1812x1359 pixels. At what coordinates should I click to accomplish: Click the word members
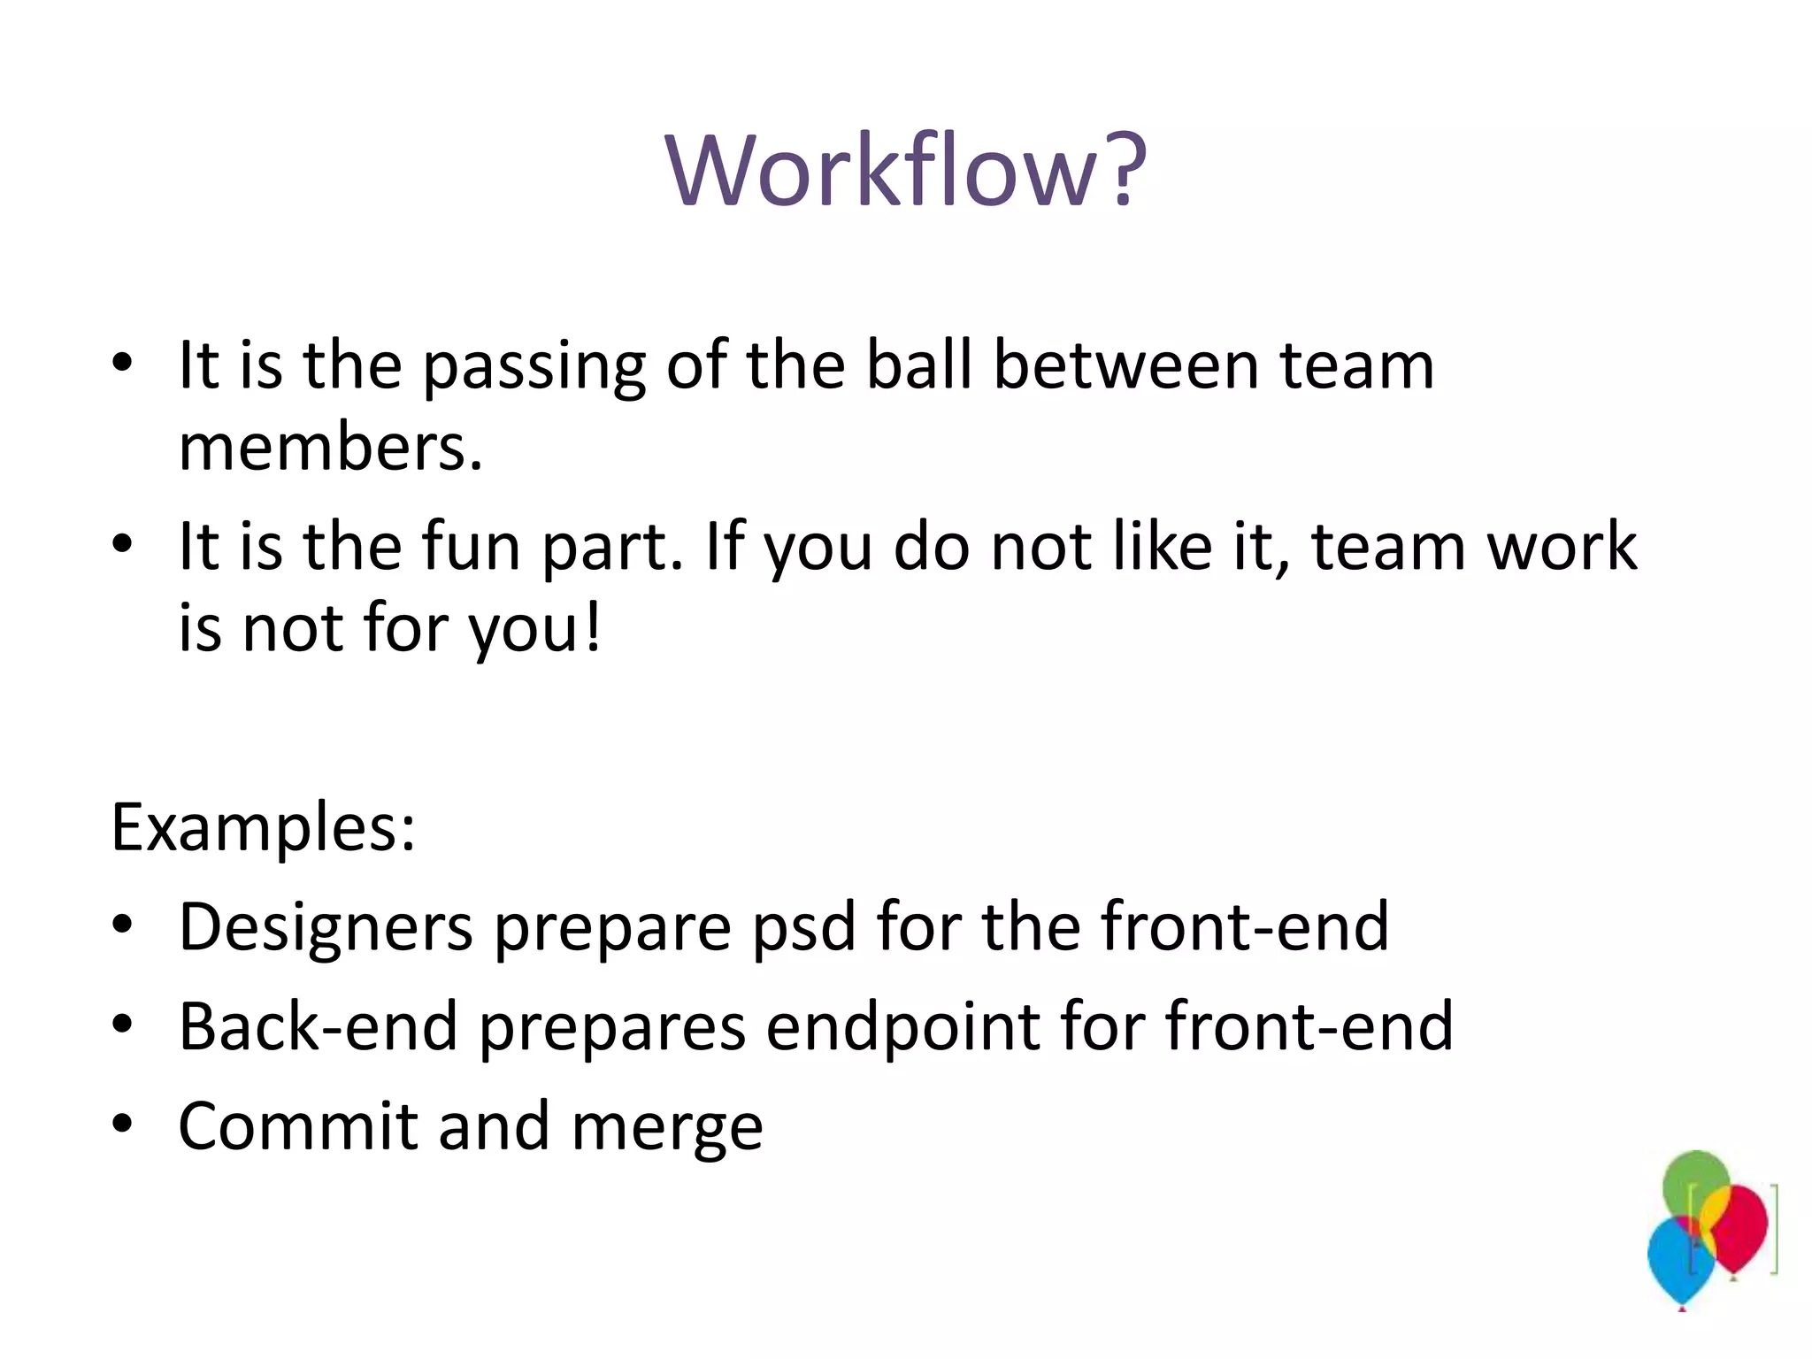coord(329,447)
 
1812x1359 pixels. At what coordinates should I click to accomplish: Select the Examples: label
coord(263,827)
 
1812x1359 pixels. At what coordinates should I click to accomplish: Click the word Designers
coord(326,927)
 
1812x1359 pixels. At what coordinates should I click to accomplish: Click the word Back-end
coord(318,1026)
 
